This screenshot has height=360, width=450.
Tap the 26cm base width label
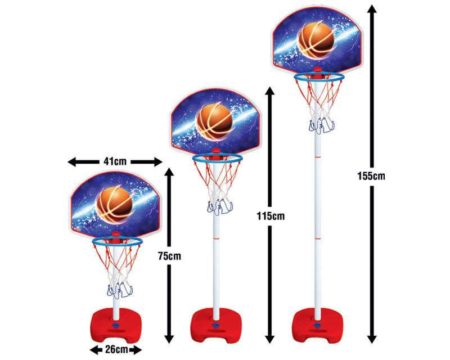[x=116, y=349]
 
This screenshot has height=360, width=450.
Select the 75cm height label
[x=170, y=256]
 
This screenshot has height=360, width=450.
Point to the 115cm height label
[x=271, y=216]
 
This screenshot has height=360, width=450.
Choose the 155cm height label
[x=371, y=175]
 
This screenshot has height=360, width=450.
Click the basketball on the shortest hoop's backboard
[x=115, y=203]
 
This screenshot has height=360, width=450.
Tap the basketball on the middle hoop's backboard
[x=214, y=120]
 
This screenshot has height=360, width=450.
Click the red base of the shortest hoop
[x=115, y=325]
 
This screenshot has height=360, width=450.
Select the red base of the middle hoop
[x=217, y=325]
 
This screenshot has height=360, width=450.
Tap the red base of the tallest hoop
[x=317, y=325]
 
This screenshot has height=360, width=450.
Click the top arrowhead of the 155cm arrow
[x=372, y=10]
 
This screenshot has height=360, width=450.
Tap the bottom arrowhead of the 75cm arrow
[x=170, y=338]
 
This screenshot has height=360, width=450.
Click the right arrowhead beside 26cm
[x=137, y=350]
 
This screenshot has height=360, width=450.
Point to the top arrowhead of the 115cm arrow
[x=270, y=91]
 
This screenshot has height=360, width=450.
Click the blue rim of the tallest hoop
[x=319, y=76]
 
